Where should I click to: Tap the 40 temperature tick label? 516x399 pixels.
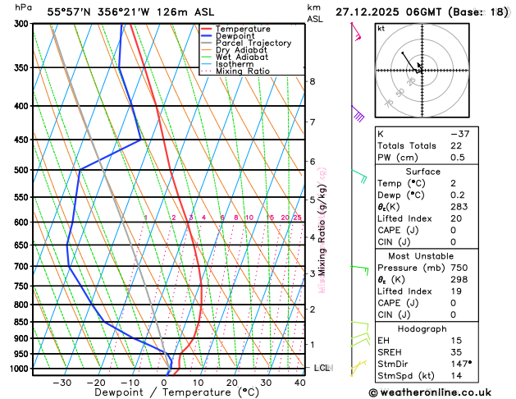299,382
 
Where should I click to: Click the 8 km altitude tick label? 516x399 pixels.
312,81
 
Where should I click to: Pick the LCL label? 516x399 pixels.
322,368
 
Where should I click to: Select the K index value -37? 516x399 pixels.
459,134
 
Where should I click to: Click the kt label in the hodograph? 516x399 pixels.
381,28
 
